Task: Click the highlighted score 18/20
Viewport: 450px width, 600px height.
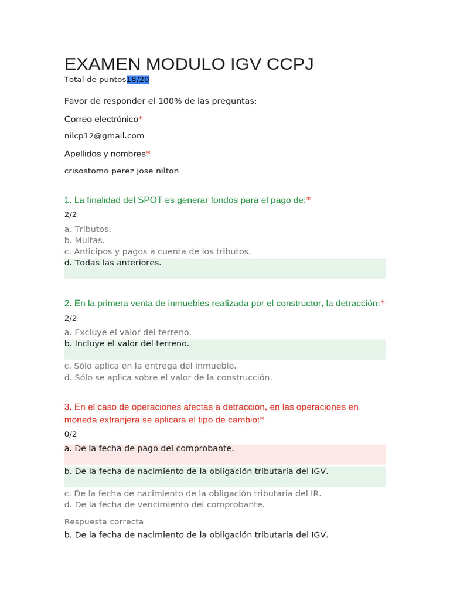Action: click(x=138, y=79)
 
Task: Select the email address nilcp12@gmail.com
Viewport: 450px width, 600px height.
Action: click(x=104, y=135)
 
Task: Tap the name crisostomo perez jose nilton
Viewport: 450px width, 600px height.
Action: click(x=121, y=171)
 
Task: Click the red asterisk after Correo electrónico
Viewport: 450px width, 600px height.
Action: click(x=141, y=119)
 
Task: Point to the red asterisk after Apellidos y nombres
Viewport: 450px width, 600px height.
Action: click(x=148, y=154)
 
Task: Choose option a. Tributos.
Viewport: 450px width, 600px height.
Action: click(x=87, y=229)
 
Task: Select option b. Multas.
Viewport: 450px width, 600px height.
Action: click(x=84, y=240)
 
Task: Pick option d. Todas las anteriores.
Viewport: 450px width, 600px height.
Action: click(x=112, y=262)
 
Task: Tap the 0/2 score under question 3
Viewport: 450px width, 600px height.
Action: click(x=70, y=434)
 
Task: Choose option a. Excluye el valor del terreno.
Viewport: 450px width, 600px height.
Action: click(x=128, y=332)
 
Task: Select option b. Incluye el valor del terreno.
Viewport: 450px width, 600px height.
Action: click(x=127, y=343)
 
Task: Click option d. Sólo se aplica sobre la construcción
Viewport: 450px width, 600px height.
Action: click(x=168, y=377)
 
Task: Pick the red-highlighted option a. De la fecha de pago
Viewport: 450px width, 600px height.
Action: click(x=149, y=448)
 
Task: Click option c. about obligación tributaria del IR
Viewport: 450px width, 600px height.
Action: click(x=192, y=493)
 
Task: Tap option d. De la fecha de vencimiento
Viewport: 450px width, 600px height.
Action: click(x=164, y=504)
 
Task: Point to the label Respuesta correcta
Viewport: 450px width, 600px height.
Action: click(x=104, y=521)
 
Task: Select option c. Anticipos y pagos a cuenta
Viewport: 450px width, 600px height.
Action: click(x=157, y=251)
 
